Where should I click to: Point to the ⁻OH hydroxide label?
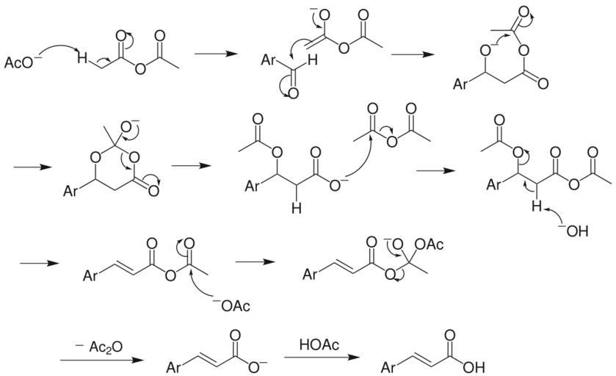pos(574,233)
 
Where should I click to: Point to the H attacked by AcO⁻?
pos(84,57)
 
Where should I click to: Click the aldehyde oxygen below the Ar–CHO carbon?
pos(292,93)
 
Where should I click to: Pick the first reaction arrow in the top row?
pos(217,54)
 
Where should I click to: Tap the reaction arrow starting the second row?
pos(33,167)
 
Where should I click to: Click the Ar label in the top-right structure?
pos(460,84)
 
